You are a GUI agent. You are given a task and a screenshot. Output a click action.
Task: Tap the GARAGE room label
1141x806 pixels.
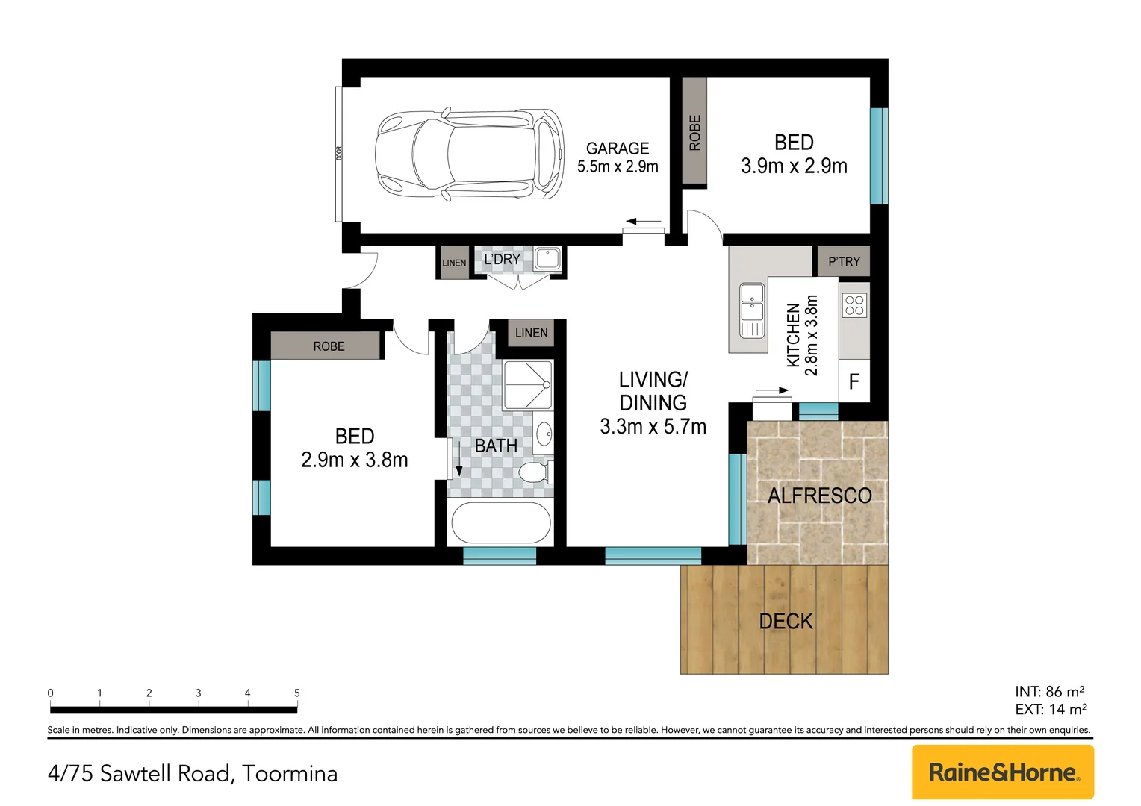tap(617, 149)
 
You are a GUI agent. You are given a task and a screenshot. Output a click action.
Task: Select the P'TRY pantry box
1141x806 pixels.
tap(843, 261)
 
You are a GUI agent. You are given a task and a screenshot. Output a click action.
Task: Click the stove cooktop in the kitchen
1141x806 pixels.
tap(854, 305)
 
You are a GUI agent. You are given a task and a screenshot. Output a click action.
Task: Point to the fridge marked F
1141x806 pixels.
tap(854, 382)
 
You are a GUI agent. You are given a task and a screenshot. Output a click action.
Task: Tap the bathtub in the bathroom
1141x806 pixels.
tap(501, 522)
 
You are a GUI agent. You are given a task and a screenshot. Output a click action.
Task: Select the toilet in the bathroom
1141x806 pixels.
tap(534, 472)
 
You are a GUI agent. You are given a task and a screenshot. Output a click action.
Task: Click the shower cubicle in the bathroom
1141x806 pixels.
tap(528, 385)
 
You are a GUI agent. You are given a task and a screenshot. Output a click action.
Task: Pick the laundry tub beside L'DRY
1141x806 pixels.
tap(547, 259)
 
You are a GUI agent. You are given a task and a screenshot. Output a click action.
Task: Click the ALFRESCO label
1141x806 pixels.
tap(819, 496)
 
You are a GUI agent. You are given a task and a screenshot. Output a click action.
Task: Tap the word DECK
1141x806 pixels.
tap(786, 621)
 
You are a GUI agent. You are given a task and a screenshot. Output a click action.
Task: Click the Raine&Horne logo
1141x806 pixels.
tap(1002, 772)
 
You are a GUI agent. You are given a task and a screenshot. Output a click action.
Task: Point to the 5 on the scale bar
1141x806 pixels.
tap(296, 693)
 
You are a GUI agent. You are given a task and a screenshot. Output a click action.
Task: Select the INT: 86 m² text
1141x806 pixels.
tap(1049, 691)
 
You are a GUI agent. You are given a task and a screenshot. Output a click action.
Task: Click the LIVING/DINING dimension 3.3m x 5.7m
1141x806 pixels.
tap(653, 427)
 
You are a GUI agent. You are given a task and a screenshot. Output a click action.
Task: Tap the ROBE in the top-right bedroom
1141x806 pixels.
tap(694, 132)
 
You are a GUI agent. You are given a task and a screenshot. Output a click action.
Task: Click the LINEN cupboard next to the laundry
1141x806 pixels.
tap(454, 263)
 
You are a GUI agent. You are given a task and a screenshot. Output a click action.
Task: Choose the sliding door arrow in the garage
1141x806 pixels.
tap(644, 222)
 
